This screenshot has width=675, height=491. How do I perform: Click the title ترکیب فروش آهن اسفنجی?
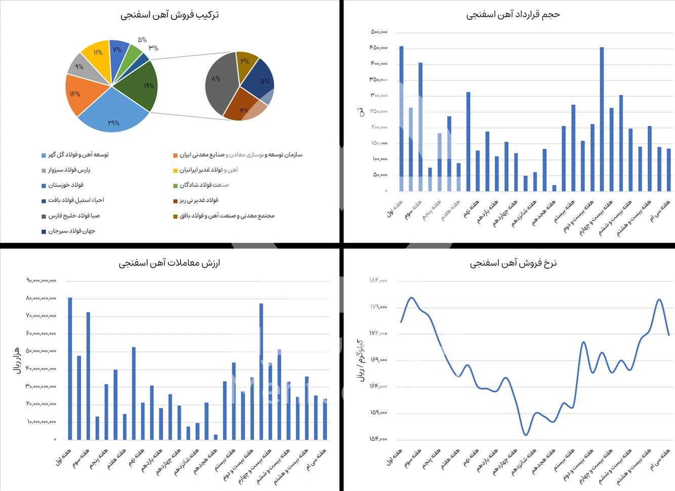point(170,15)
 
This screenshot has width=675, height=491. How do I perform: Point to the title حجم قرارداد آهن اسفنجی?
point(513,15)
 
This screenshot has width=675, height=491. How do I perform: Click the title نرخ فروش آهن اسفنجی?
point(513,263)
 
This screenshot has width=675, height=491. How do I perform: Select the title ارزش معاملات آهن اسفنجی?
point(170,263)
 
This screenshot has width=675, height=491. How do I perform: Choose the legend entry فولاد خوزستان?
point(66,185)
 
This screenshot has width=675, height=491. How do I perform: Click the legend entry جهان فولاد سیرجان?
point(71,231)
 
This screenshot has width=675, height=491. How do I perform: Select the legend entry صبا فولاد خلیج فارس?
point(74,216)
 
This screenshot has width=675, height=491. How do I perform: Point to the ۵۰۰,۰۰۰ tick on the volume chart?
point(379,32)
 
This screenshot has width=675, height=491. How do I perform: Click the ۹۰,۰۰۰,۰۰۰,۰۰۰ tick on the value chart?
point(41,280)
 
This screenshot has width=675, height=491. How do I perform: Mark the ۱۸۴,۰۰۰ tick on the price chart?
point(378,280)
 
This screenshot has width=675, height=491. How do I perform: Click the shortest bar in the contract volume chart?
point(554,188)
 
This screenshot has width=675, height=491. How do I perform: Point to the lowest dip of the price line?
point(526,434)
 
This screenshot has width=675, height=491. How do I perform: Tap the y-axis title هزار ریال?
point(16,360)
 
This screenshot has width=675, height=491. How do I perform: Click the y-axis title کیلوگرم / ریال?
point(361,360)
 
